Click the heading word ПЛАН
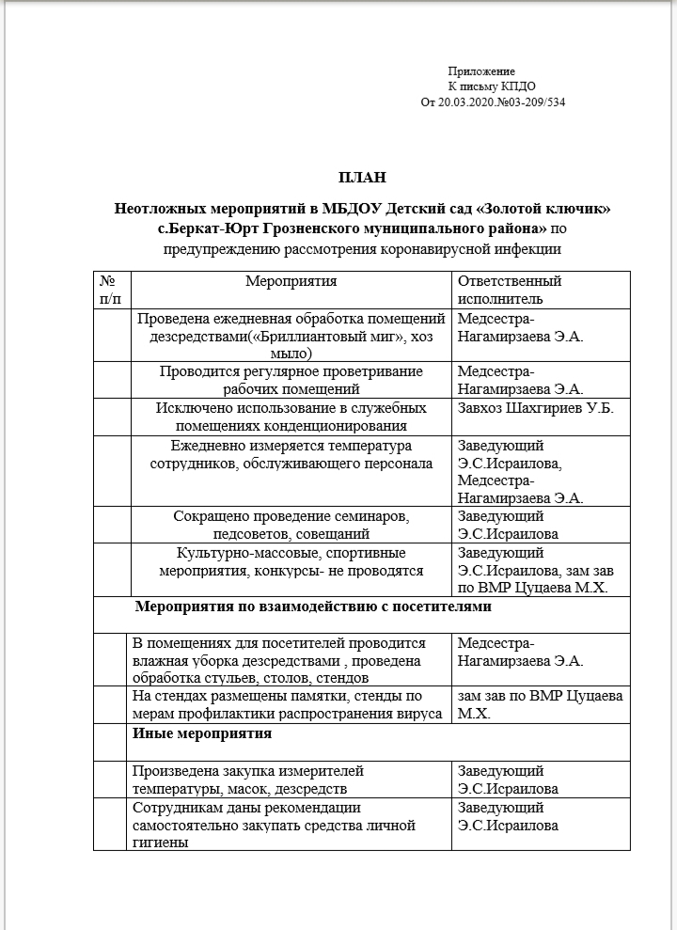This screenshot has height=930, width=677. (362, 177)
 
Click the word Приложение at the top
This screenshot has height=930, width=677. (480, 71)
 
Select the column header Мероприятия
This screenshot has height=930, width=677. (291, 281)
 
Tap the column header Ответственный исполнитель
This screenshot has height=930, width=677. (509, 290)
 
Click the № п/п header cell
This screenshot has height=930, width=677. (109, 290)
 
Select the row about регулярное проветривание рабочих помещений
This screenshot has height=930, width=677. (291, 380)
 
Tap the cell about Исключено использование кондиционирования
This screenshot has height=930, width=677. (291, 417)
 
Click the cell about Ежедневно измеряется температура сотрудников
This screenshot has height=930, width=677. (291, 454)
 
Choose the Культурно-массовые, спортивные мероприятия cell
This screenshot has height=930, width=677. (291, 561)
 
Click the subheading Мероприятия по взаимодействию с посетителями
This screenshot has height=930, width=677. (313, 607)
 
